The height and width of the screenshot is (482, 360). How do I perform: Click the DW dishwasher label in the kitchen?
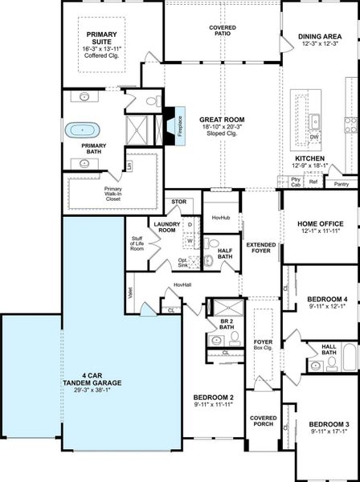(315, 137)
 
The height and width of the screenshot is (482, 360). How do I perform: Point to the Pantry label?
(341, 184)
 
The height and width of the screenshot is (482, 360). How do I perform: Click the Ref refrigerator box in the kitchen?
(313, 182)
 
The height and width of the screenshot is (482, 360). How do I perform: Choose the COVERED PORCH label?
(263, 421)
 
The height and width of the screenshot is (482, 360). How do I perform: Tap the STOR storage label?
(178, 202)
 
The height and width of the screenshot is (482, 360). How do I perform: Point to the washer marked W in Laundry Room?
(190, 239)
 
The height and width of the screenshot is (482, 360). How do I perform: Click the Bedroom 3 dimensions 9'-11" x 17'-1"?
(328, 432)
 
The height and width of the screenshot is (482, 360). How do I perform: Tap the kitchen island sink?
(315, 121)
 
